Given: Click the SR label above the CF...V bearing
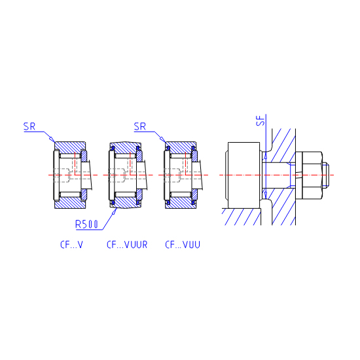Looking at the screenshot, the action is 29,126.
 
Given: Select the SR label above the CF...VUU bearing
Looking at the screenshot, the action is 140,126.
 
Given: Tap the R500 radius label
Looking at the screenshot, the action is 87,224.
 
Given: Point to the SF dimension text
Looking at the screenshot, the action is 261,120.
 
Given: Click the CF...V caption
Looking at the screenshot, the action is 71,245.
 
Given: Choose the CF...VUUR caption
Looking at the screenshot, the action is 127,245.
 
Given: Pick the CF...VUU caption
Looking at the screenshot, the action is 183,245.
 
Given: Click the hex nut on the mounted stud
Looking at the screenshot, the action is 312,175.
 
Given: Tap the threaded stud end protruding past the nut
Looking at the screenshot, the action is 326,175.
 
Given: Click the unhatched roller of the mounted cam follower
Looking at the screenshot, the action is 244,175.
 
